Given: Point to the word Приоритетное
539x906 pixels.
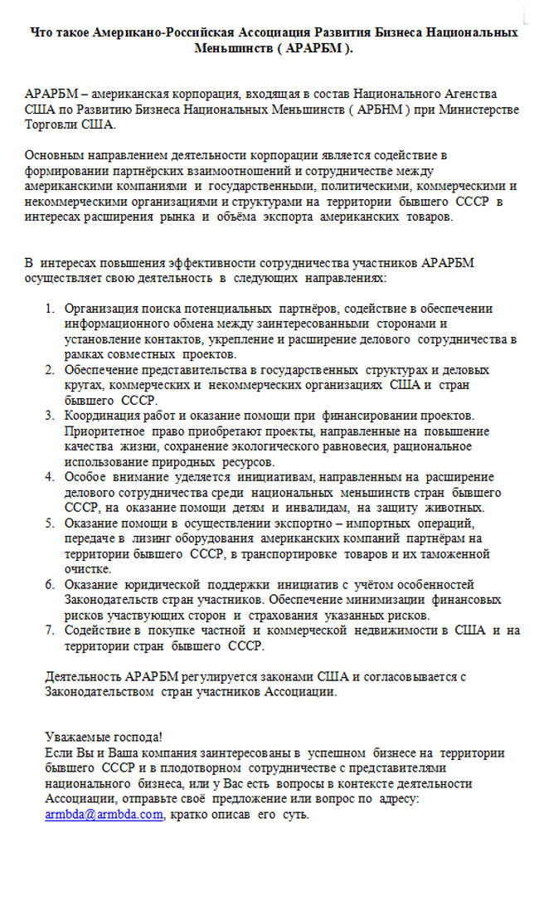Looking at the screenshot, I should point(104,431).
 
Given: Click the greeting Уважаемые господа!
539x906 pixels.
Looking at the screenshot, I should point(104,737).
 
